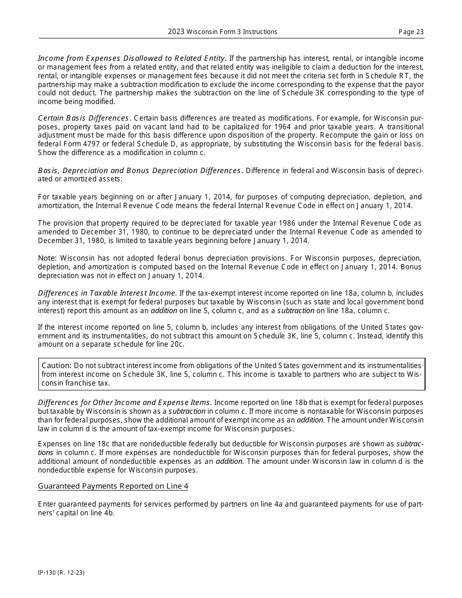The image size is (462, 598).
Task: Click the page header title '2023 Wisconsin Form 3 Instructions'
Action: pyautogui.click(x=222, y=32)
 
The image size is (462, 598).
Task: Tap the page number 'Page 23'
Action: pyautogui.click(x=411, y=32)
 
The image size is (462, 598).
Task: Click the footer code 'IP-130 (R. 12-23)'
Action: pyautogui.click(x=61, y=573)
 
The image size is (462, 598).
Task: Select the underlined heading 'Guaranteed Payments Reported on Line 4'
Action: pyautogui.click(x=113, y=486)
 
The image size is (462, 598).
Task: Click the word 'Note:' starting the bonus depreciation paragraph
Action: pyautogui.click(x=48, y=258)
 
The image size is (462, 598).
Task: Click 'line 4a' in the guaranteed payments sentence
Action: pyautogui.click(x=270, y=504)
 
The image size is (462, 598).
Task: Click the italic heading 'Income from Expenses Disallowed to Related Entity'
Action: pyautogui.click(x=131, y=58)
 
